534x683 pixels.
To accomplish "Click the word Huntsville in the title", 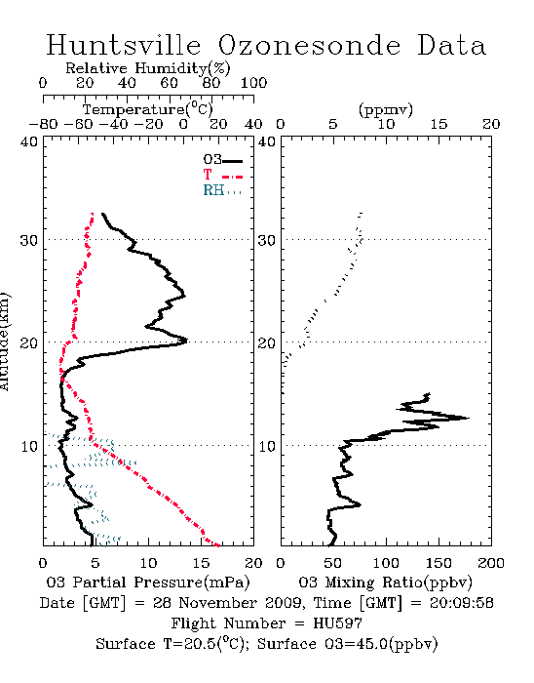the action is coord(124,45).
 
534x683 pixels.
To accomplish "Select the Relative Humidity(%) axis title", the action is coord(148,68).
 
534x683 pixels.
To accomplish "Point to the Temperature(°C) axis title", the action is coord(148,109).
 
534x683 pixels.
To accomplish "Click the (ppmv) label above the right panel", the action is coord(386,109).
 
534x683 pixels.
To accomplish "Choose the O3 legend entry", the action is coord(222,159).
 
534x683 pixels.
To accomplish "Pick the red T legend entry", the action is coord(222,175).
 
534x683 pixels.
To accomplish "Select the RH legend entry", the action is coord(222,190).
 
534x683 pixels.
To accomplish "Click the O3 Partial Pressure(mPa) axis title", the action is coord(148,583).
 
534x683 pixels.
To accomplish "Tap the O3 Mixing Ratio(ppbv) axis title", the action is coord(385,583).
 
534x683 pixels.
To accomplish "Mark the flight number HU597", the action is coord(338,623).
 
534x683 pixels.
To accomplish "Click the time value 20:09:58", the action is coord(462,603).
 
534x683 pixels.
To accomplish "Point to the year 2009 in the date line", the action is coord(283,603).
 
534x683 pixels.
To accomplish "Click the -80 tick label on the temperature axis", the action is coord(44,125).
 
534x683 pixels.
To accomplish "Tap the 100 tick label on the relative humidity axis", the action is coord(254,82).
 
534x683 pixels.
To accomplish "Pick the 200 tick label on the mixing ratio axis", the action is coord(491,563).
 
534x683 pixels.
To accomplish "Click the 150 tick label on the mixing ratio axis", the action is coord(439,563).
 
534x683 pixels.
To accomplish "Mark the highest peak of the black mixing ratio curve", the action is coord(469,419).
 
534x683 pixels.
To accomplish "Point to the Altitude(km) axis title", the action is coord(5,341).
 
